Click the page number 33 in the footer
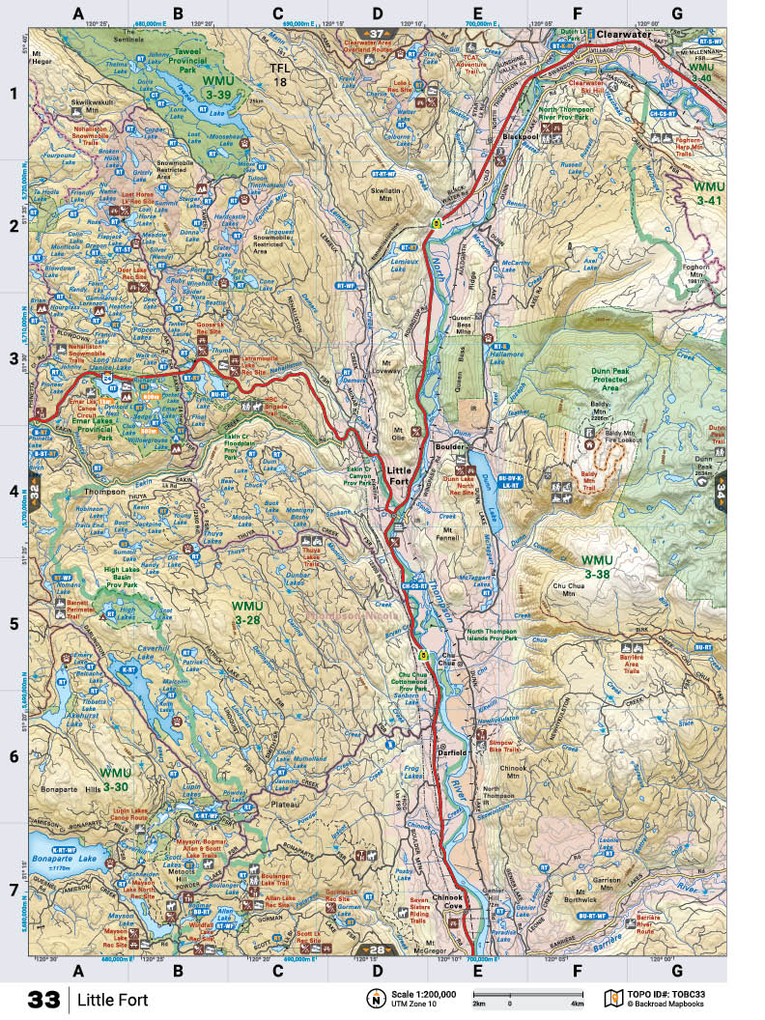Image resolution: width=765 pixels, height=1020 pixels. coord(45,999)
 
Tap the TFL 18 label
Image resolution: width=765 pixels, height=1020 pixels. coord(279,76)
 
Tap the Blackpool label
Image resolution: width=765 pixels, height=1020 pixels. coord(520,137)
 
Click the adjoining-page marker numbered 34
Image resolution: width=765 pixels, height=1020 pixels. coord(720,492)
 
